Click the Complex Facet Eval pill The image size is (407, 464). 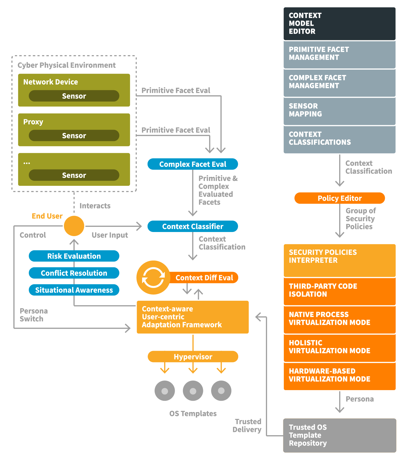point(193,164)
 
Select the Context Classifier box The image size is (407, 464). point(193,226)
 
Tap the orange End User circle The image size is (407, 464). point(74,226)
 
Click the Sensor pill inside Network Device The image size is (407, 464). point(74,96)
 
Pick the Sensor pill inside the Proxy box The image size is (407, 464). point(74,136)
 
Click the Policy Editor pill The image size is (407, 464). point(339,198)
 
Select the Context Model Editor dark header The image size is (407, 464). point(339,24)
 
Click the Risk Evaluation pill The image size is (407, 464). point(74,256)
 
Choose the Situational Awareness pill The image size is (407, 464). point(74,290)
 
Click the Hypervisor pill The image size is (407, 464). point(193,356)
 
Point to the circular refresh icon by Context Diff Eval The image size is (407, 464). point(153,278)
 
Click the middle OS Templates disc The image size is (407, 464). point(193,391)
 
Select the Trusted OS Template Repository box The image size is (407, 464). point(339,435)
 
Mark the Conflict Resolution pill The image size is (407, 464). point(74,273)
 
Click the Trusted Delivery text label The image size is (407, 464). point(247,425)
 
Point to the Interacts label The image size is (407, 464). point(95,206)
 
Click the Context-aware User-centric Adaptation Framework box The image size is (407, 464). point(193,317)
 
